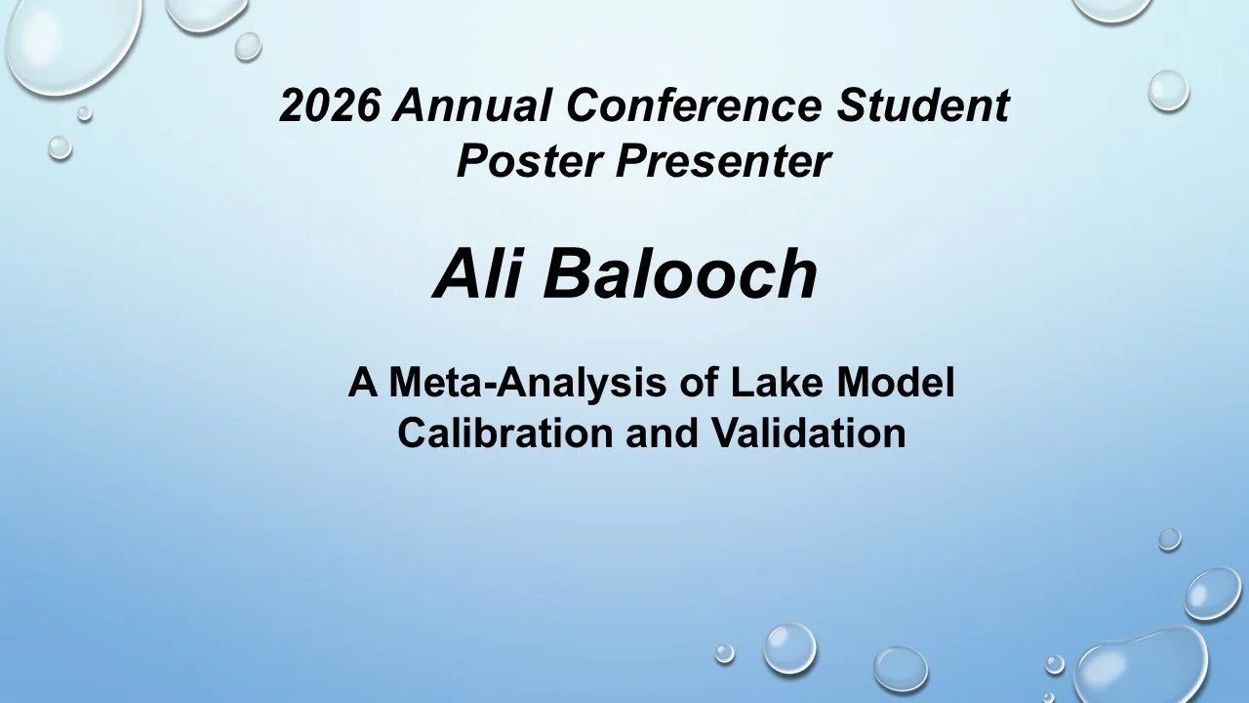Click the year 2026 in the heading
[x=329, y=105]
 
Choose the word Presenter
[x=722, y=161]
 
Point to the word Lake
[x=764, y=383]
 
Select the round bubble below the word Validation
[x=788, y=647]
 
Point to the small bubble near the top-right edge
[x=1167, y=91]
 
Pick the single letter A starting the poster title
[x=363, y=383]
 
